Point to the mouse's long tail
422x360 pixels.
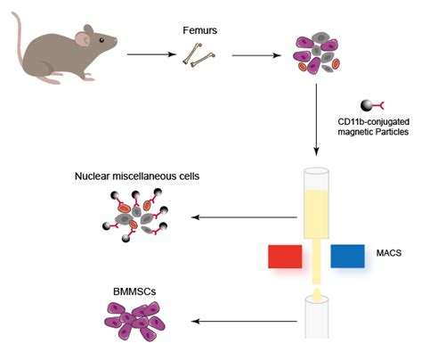click(x=16, y=36)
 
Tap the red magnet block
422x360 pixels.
click(x=287, y=257)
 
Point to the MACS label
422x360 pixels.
click(x=391, y=254)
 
